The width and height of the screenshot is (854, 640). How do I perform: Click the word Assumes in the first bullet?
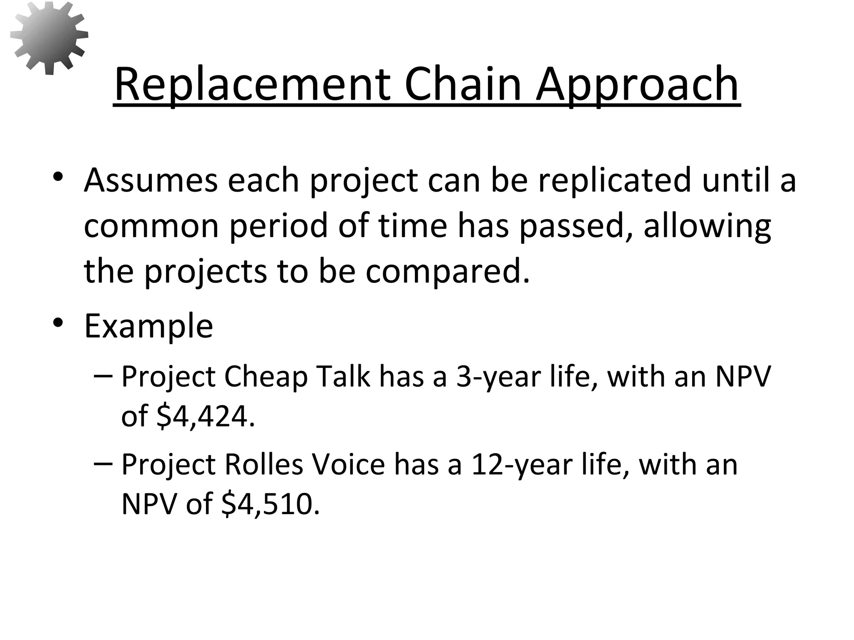click(151, 180)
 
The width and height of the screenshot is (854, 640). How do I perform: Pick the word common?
click(151, 225)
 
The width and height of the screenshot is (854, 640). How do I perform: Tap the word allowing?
click(707, 225)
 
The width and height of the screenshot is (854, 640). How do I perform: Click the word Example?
click(148, 325)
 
